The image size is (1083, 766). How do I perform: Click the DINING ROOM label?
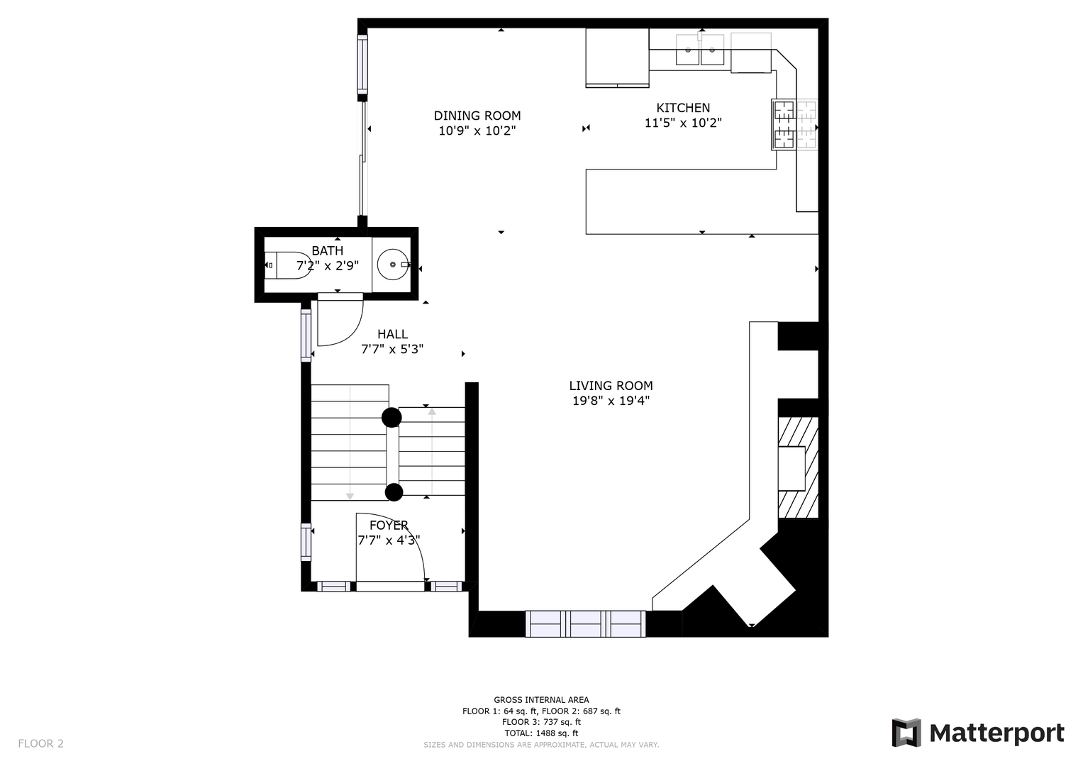pyautogui.click(x=477, y=116)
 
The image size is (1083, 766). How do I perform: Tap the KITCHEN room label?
pyautogui.click(x=683, y=108)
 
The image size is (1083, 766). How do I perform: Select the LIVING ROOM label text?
pyautogui.click(x=611, y=386)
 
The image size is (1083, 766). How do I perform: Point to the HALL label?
pyautogui.click(x=392, y=334)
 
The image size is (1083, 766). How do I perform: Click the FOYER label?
pyautogui.click(x=389, y=525)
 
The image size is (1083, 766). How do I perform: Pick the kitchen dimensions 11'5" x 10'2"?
pyautogui.click(x=683, y=123)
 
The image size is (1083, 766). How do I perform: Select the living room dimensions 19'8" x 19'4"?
pyautogui.click(x=611, y=401)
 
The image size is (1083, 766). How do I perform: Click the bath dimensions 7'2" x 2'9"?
pyautogui.click(x=328, y=266)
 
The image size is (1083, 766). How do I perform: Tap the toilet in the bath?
pyautogui.click(x=288, y=265)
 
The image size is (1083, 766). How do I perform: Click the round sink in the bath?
pyautogui.click(x=393, y=265)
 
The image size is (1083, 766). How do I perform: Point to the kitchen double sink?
pyautogui.click(x=699, y=50)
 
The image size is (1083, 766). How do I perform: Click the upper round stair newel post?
pyautogui.click(x=391, y=417)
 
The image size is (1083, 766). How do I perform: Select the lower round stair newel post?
pyautogui.click(x=394, y=493)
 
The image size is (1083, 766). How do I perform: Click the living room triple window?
pyautogui.click(x=586, y=624)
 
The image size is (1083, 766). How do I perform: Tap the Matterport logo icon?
pyautogui.click(x=906, y=733)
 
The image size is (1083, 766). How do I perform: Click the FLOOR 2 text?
pyautogui.click(x=40, y=744)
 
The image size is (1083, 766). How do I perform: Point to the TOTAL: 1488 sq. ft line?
pyautogui.click(x=541, y=733)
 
